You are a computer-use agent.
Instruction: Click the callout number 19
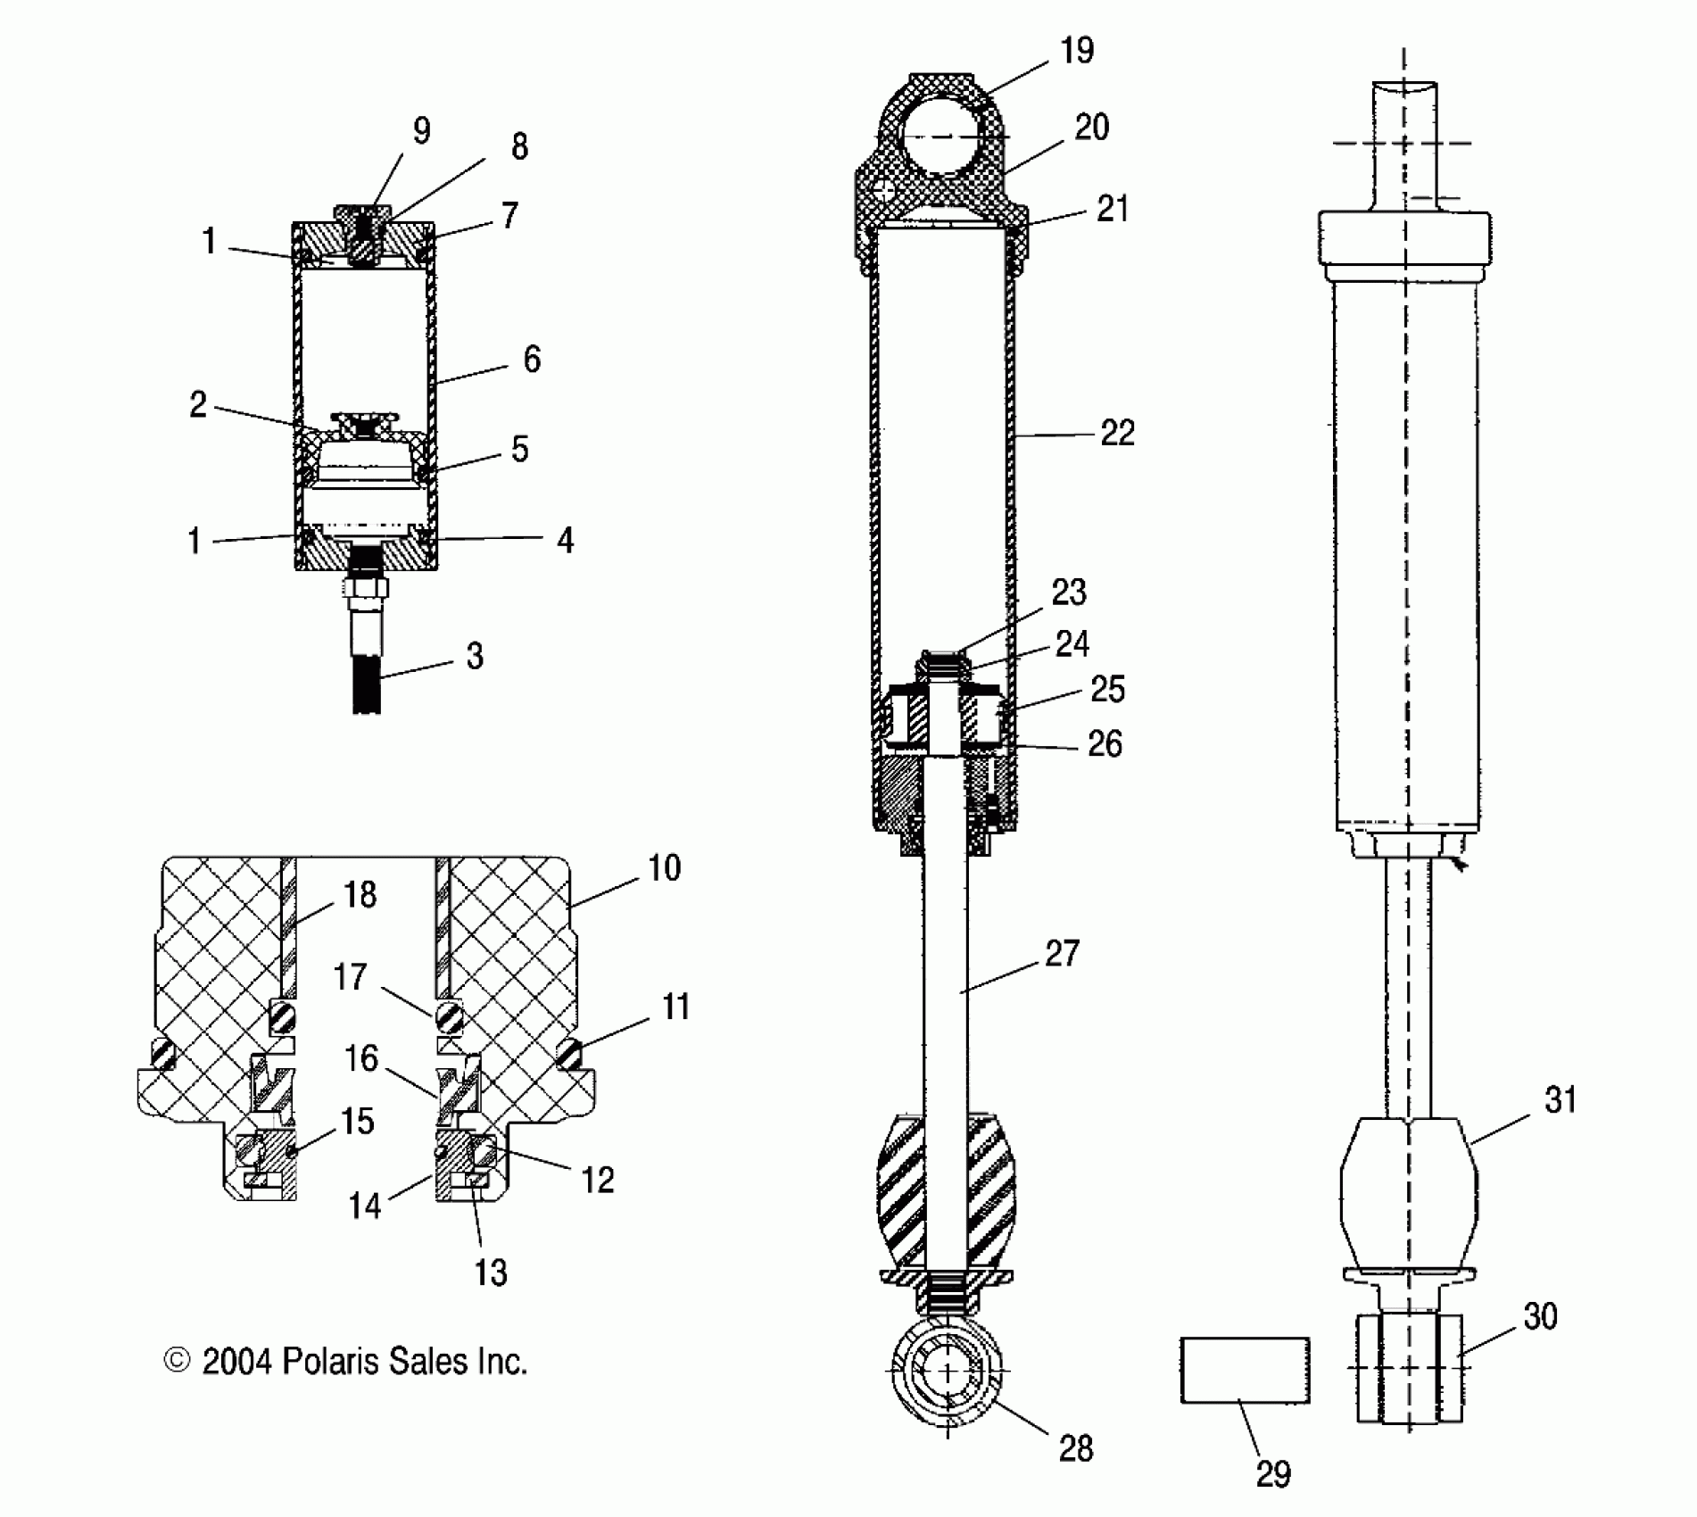(x=1077, y=51)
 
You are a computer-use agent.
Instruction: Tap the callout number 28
(x=1075, y=1448)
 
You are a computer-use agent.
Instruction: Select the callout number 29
(x=1273, y=1474)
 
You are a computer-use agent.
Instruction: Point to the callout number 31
(x=1560, y=1100)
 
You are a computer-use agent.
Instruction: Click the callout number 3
(x=475, y=656)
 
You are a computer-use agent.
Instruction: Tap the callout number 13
(x=490, y=1272)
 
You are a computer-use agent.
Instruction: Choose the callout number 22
(x=1117, y=434)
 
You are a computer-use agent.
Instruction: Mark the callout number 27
(x=1062, y=954)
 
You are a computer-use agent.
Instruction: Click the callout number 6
(x=532, y=360)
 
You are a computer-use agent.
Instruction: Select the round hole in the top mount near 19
(x=945, y=137)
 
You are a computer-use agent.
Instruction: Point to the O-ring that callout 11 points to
(x=568, y=1054)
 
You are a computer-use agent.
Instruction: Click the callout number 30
(x=1541, y=1316)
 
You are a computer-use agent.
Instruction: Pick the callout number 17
(x=351, y=977)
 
